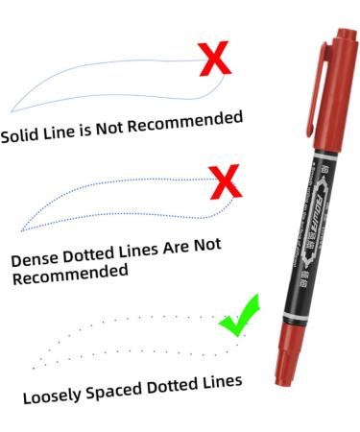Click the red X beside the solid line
click(x=218, y=60)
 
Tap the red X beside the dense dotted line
click(x=224, y=179)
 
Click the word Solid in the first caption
click(x=22, y=135)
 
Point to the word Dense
click(x=35, y=259)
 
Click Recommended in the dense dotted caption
click(x=70, y=274)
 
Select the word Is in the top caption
click(x=98, y=129)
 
